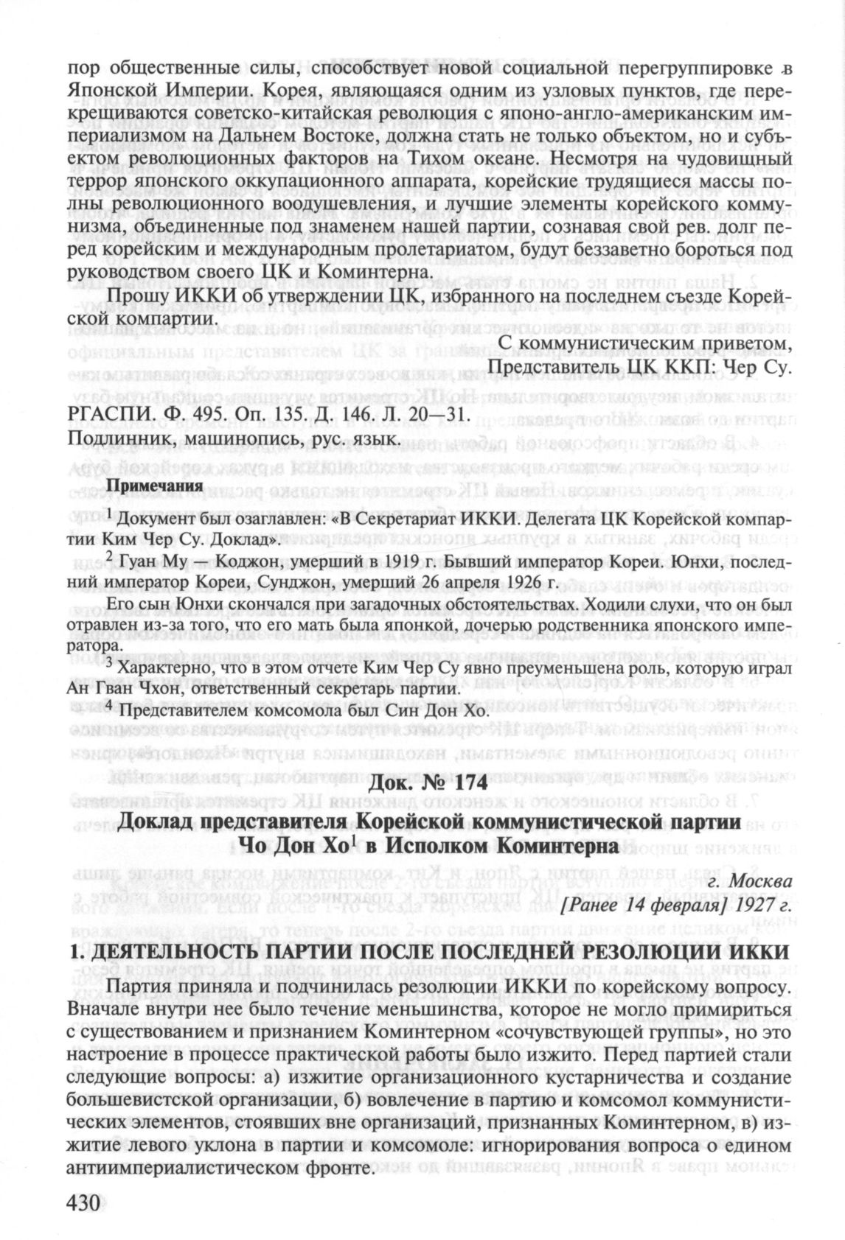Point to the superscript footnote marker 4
click(109, 705)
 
